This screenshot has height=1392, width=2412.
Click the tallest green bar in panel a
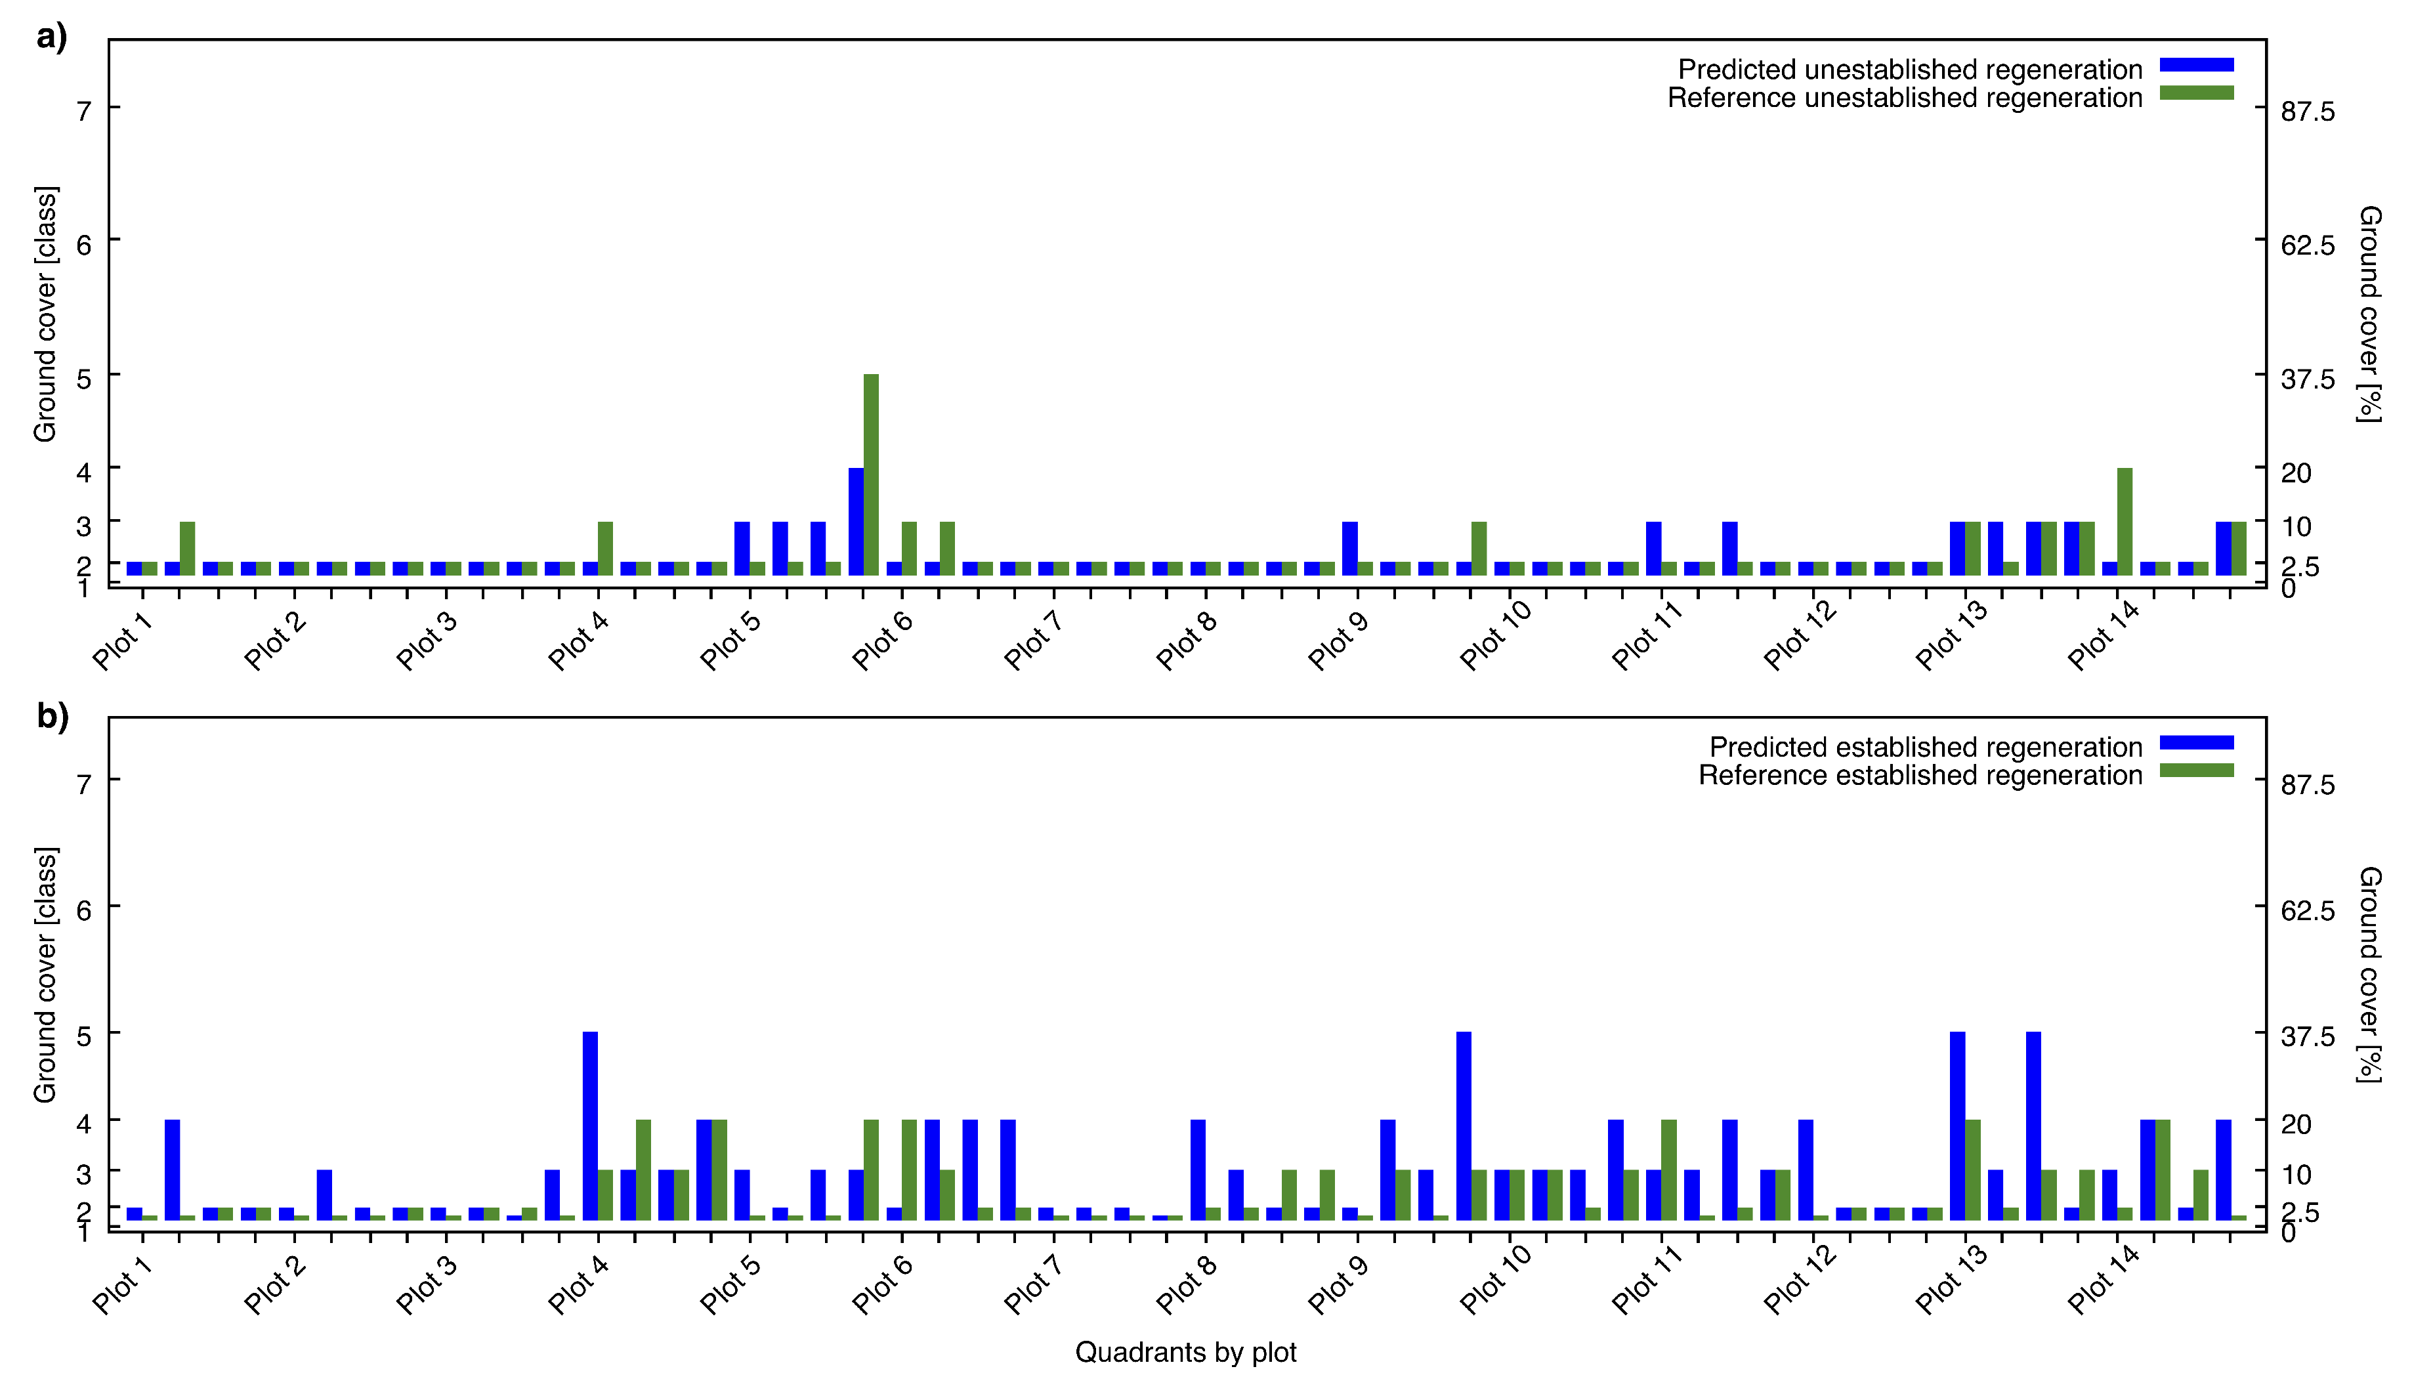pos(871,475)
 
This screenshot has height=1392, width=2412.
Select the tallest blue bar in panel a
pos(856,521)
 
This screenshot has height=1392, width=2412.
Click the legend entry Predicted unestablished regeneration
pos(1910,70)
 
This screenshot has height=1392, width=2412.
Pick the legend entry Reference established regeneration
pos(1920,775)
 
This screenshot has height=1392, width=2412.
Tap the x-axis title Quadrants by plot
pos(1185,1353)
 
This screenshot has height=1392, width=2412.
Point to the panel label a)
pos(52,37)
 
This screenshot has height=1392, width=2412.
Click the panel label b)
pos(53,715)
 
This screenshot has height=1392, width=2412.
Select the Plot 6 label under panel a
pos(882,640)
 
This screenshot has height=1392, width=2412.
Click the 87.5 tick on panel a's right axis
pos(2308,112)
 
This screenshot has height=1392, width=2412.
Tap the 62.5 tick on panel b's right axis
pos(2308,910)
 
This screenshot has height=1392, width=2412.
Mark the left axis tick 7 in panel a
pos(84,112)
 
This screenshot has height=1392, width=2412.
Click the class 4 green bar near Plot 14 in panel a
pos(2125,521)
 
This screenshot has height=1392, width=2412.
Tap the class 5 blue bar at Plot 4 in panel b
pos(590,1126)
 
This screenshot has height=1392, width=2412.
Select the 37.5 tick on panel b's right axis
pos(2308,1036)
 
